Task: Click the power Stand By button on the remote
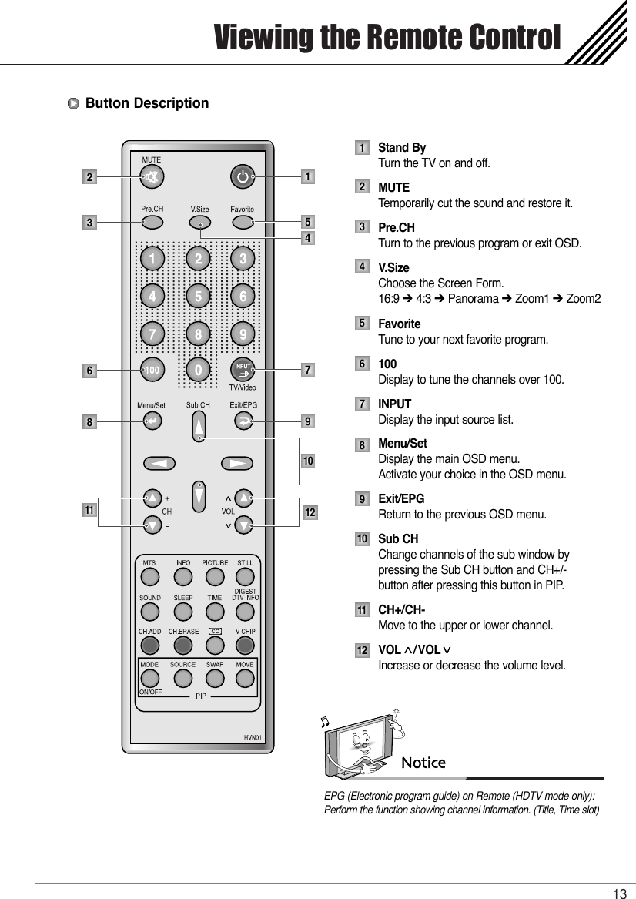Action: coord(243,177)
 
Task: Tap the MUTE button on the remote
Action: coord(152,177)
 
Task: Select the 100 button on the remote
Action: coord(152,371)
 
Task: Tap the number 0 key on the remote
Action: coord(199,371)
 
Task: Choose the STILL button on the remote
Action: coord(244,577)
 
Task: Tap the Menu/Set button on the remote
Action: coord(152,421)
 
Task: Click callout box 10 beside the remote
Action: coord(308,461)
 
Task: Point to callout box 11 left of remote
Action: coord(90,511)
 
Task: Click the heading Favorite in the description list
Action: coord(399,324)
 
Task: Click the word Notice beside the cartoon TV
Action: coord(423,763)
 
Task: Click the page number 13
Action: coord(619,893)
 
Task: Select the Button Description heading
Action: coord(146,103)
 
